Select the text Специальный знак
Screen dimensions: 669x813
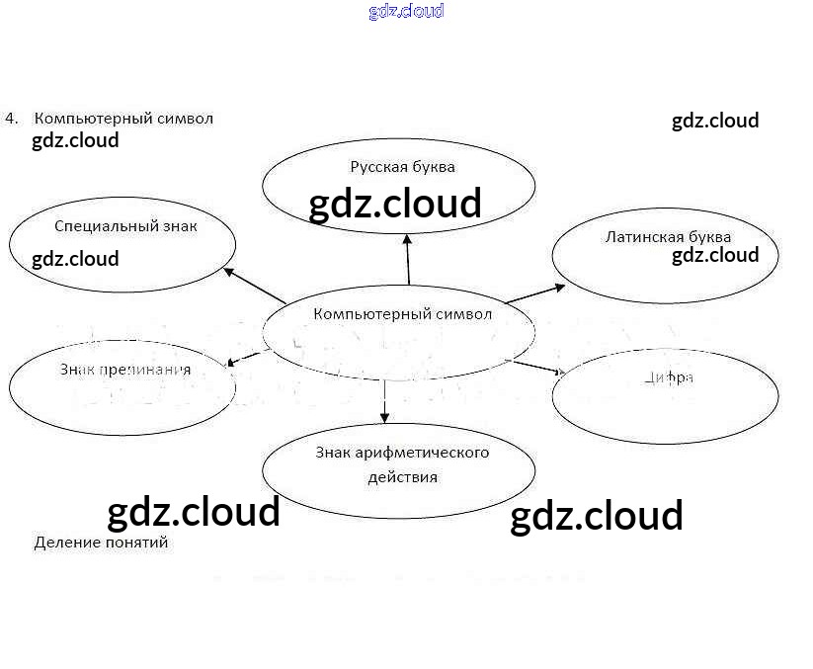point(126,226)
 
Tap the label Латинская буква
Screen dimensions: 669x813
point(668,237)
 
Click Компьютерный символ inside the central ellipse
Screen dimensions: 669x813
point(402,314)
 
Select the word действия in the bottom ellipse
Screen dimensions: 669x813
point(402,477)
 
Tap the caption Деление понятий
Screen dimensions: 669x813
point(101,543)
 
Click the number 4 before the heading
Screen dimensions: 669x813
point(10,118)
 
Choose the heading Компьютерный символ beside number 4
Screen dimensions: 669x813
point(123,119)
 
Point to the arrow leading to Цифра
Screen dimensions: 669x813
point(537,369)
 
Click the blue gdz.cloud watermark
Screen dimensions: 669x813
point(406,11)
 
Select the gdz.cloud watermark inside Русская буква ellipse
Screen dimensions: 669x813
point(395,204)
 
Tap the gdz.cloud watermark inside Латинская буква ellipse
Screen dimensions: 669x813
point(715,255)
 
